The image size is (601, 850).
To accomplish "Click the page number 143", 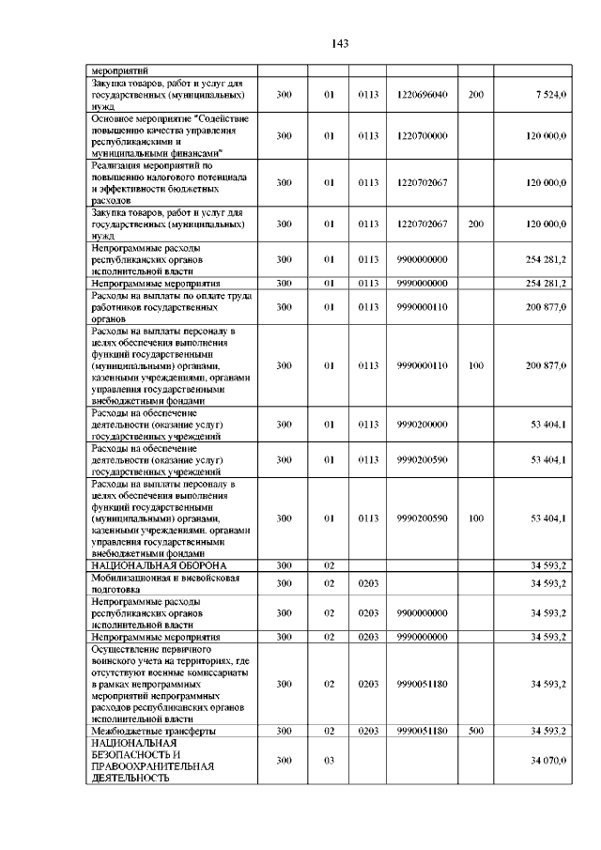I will click(340, 43).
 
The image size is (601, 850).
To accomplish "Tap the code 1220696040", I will click(422, 95).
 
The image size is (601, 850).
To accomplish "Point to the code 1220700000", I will click(422, 136).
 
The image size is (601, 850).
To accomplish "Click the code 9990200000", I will click(422, 425).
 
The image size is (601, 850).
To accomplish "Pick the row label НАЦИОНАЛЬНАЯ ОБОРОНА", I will click(158, 565).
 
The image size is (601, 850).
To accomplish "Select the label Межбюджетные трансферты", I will click(153, 730).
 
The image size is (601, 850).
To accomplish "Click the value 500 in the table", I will click(475, 730).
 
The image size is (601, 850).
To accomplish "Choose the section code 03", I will click(329, 760).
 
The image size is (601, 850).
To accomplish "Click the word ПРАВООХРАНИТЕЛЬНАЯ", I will click(152, 766).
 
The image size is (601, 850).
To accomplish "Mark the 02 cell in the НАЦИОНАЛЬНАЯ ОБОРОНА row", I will click(329, 565).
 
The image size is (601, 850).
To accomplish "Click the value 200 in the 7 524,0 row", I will click(475, 95).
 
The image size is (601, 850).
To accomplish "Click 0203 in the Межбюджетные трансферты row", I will click(367, 730).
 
